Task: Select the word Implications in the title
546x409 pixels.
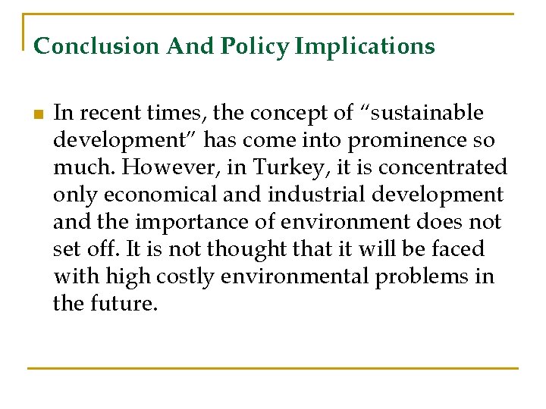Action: [x=365, y=46]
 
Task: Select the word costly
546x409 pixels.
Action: [x=187, y=277]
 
